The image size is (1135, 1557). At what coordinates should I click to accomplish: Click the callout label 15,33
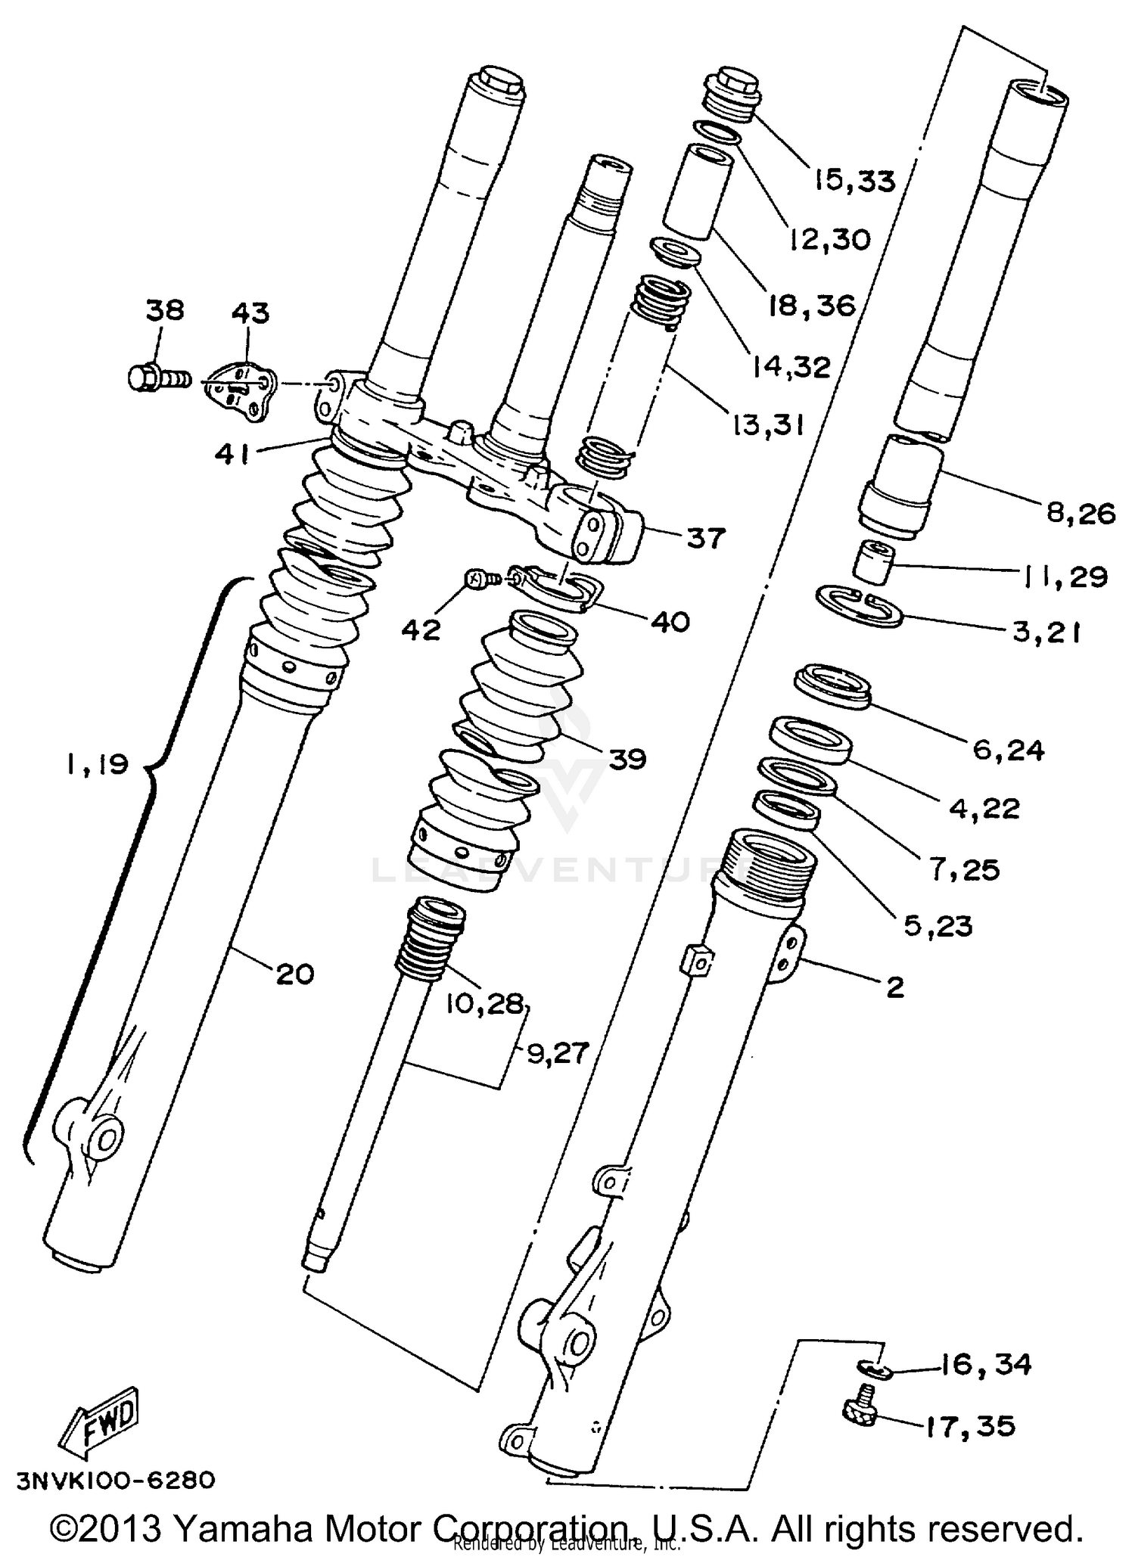tap(854, 182)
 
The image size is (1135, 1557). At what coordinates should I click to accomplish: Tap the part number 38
tap(165, 310)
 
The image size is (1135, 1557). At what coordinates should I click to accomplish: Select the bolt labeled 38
tap(157, 378)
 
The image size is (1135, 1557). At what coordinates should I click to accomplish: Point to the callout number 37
tap(705, 539)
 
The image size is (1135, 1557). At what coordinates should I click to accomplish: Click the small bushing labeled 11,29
tap(875, 562)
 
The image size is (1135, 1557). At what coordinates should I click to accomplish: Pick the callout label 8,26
tap(1081, 514)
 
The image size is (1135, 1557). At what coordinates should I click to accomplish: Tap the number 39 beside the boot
tap(627, 758)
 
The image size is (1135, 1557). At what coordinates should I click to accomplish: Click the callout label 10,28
tap(484, 1003)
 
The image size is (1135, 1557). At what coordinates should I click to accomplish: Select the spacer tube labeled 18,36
tap(698, 193)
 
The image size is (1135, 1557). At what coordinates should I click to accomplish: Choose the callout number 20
tap(294, 974)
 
